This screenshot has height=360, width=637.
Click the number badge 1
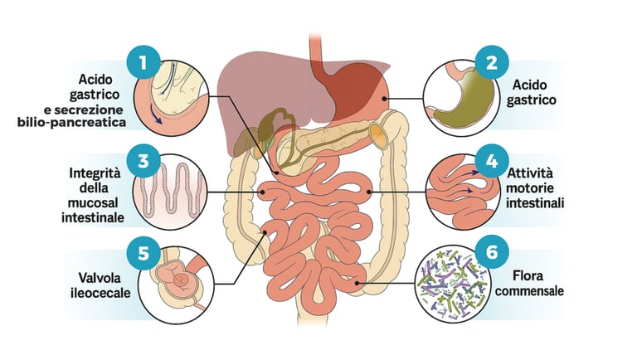tap(143, 62)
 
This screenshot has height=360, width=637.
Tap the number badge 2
tap(492, 62)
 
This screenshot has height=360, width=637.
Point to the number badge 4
tap(492, 159)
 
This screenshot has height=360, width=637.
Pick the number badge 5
tap(143, 252)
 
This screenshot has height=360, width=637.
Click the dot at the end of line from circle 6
tap(358, 283)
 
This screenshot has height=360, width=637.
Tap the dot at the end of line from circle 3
tap(263, 192)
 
